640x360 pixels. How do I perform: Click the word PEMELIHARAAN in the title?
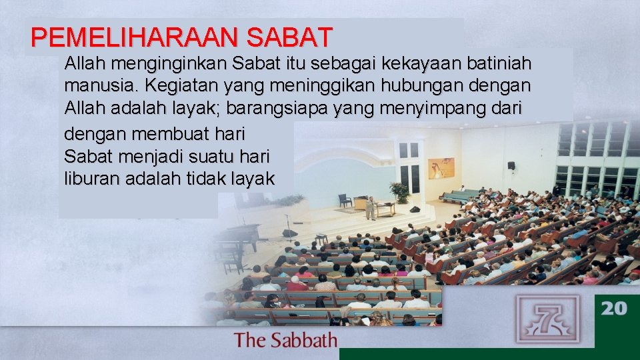[134, 38]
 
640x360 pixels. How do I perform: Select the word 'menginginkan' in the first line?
[171, 64]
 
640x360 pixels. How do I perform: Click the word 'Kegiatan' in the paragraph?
[181, 86]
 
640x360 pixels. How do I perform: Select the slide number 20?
[615, 309]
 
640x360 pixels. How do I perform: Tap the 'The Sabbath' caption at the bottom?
[285, 341]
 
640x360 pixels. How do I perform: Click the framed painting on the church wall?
[441, 168]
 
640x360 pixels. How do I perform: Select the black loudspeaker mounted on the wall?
[511, 165]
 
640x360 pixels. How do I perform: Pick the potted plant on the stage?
[400, 192]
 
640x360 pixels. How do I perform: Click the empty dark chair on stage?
[345, 200]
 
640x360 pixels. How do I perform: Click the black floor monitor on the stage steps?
[289, 233]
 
